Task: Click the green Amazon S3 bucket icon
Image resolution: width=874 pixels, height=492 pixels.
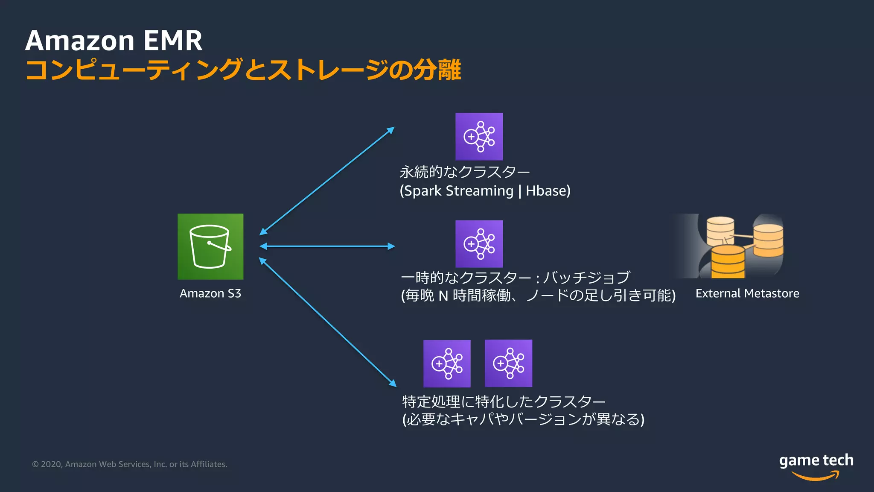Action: click(210, 246)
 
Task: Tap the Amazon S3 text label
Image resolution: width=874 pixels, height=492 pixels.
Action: click(210, 293)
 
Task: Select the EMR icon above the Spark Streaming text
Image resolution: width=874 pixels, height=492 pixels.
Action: click(479, 137)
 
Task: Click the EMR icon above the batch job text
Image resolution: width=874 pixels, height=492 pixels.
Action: click(479, 244)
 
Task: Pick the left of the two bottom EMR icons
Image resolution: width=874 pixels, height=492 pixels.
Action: click(447, 363)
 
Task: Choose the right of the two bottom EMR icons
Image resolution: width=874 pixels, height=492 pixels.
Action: click(508, 363)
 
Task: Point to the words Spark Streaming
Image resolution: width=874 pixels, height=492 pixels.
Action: click(458, 190)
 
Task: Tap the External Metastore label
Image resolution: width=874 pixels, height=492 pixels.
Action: click(747, 293)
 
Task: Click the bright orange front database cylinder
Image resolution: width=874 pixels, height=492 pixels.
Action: click(728, 261)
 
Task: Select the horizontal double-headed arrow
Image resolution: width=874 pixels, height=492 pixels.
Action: click(327, 246)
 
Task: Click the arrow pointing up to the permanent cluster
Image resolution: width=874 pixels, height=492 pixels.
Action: click(327, 181)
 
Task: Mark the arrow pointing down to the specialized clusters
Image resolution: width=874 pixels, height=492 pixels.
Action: click(327, 322)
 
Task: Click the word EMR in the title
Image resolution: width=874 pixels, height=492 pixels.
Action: click(173, 41)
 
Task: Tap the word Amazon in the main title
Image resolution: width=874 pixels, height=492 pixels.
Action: click(80, 41)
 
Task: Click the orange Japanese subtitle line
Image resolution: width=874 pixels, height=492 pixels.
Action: click(243, 70)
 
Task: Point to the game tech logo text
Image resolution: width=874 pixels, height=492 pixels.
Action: click(816, 460)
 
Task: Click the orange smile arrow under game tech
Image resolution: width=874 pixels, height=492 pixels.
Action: click(816, 476)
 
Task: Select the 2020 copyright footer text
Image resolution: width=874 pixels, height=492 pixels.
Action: click(129, 464)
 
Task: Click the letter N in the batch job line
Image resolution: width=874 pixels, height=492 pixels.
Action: click(443, 296)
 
